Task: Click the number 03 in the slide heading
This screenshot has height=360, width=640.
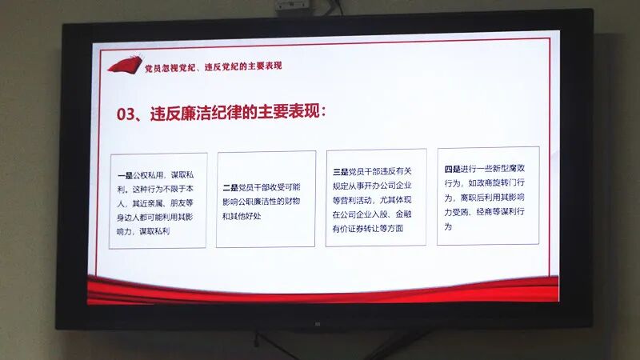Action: pos(127,114)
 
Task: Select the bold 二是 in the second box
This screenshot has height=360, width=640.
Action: pos(230,187)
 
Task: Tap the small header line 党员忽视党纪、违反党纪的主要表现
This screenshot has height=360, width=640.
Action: pos(213,66)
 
